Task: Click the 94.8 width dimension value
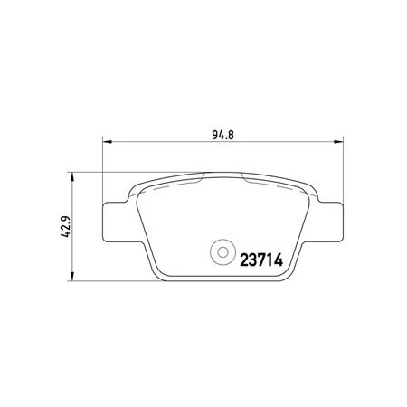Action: click(x=222, y=135)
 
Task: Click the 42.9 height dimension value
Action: click(x=66, y=226)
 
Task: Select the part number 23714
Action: click(x=261, y=260)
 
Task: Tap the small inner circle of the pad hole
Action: click(x=222, y=252)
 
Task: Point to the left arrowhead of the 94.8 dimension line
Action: click(x=108, y=141)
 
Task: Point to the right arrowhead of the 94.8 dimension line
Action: click(x=339, y=141)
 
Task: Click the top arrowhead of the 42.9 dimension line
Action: click(x=71, y=177)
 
